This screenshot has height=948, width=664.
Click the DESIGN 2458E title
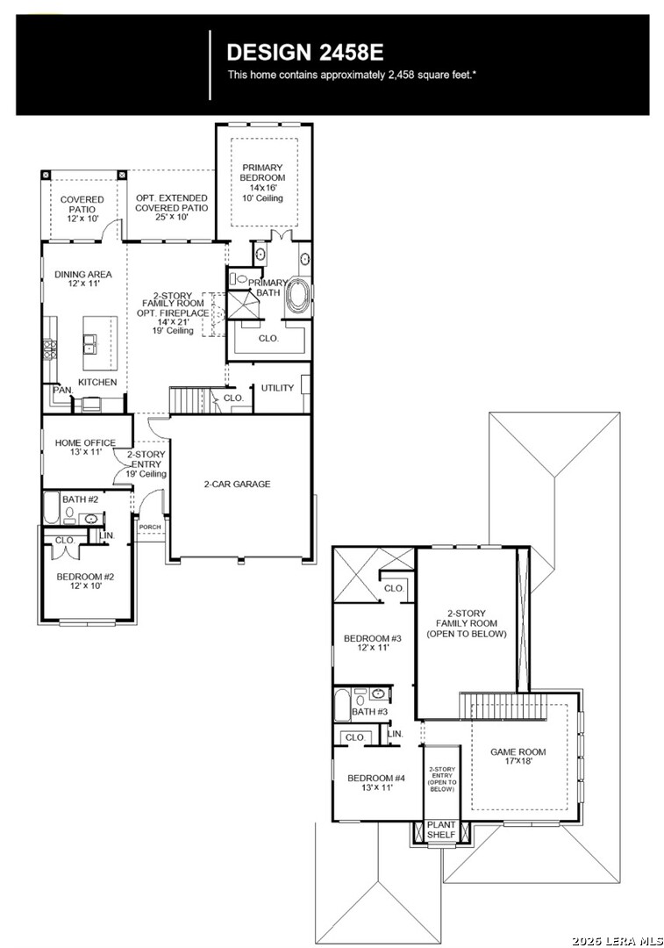[305, 53]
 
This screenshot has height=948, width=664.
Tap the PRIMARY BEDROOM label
[263, 172]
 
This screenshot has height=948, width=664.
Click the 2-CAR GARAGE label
[237, 484]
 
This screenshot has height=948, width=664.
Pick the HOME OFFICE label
[85, 442]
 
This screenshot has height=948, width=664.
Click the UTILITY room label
[277, 388]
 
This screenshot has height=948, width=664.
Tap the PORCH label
[150, 528]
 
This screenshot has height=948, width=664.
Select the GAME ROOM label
[518, 752]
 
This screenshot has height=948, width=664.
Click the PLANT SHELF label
[441, 829]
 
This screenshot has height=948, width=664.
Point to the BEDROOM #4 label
[375, 778]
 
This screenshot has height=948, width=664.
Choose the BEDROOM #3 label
[373, 638]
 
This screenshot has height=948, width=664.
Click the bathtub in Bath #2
[51, 508]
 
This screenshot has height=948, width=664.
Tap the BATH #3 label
[370, 712]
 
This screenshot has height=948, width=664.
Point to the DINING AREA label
[83, 274]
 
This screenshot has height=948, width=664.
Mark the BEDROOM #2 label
[85, 577]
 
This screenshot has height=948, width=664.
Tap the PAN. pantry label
[63, 391]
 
